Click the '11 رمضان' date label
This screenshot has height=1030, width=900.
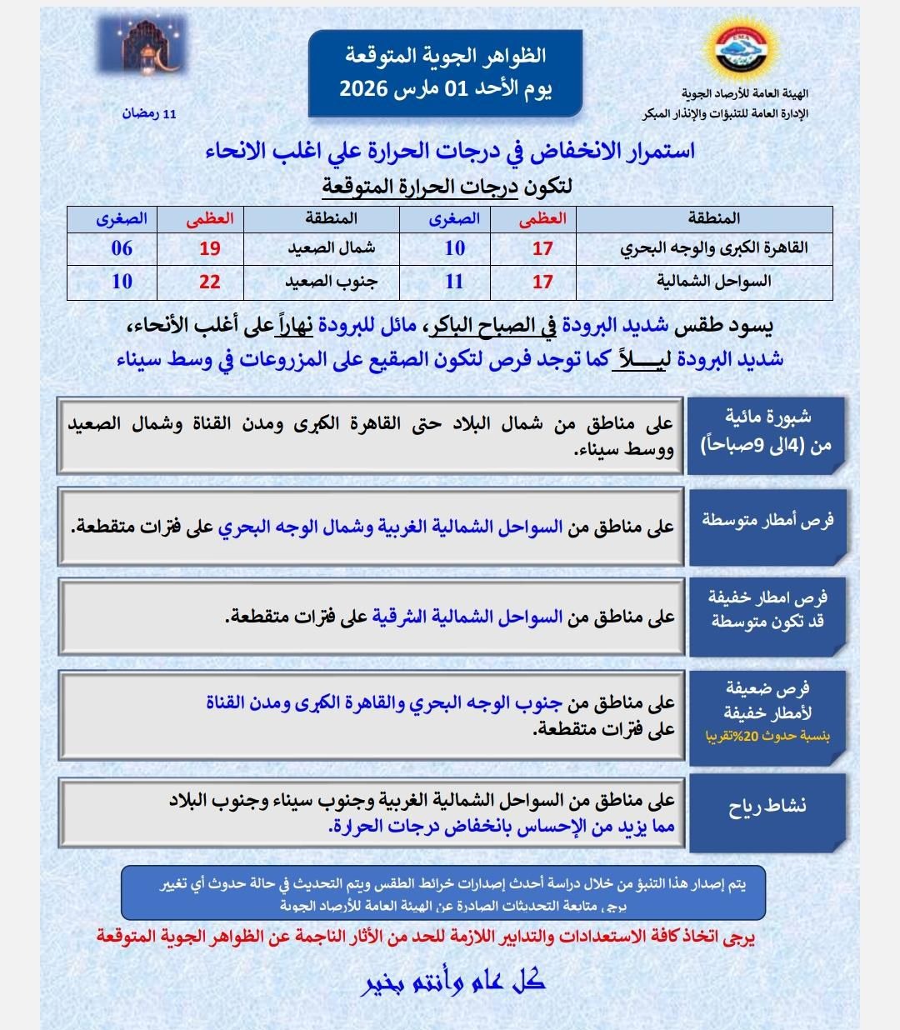point(149,112)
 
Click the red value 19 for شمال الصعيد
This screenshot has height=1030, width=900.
point(209,248)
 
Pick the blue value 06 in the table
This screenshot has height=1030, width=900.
point(122,248)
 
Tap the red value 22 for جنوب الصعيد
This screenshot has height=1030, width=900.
point(209,282)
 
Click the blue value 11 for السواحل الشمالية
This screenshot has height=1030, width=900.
point(454,282)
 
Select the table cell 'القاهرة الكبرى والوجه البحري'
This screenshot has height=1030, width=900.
point(713,248)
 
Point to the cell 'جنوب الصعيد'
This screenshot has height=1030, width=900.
point(331,282)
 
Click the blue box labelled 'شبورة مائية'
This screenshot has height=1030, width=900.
point(767,432)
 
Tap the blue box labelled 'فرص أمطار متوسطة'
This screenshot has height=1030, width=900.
point(767,522)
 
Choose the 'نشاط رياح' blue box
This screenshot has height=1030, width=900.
point(767,807)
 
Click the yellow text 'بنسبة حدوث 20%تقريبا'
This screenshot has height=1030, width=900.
point(767,737)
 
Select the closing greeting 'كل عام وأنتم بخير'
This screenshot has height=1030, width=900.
point(454,981)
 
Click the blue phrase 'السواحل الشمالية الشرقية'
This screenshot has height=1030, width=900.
point(467,617)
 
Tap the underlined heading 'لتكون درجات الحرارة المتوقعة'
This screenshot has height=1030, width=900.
point(447,187)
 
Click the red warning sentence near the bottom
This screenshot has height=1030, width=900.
point(425,937)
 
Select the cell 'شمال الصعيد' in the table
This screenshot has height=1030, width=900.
point(331,248)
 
